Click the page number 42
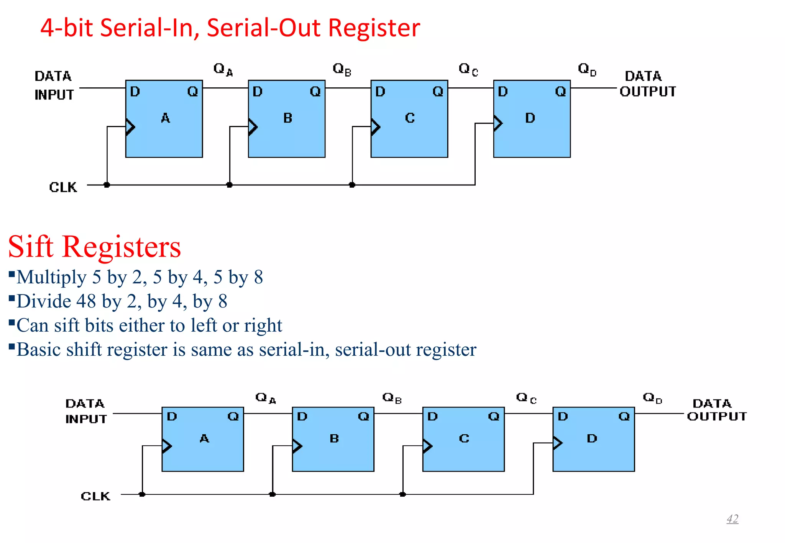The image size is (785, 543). [x=732, y=518]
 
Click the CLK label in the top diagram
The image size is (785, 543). [x=63, y=187]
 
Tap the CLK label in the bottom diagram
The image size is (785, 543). [x=95, y=496]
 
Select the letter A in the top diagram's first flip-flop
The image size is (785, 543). [x=165, y=118]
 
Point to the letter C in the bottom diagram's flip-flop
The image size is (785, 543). [x=464, y=438]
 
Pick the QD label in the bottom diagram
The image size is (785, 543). [x=652, y=398]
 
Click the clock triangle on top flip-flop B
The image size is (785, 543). [x=252, y=127]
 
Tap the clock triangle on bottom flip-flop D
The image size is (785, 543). [x=557, y=443]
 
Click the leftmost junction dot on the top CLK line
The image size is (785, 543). [x=107, y=185]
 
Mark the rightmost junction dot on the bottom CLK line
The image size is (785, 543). [x=402, y=494]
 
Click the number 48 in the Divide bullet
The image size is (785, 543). [x=86, y=301]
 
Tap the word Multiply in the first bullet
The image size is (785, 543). [x=51, y=277]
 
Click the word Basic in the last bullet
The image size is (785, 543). [x=38, y=350]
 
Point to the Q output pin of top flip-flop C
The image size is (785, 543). [x=438, y=92]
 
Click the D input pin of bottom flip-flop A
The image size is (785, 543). [x=172, y=416]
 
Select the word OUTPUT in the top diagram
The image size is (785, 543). [x=648, y=92]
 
